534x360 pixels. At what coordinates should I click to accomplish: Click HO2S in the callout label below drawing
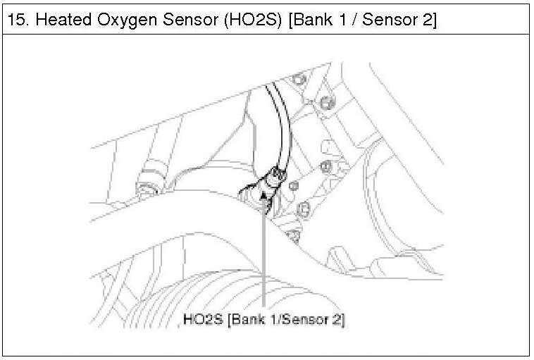coord(203,319)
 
